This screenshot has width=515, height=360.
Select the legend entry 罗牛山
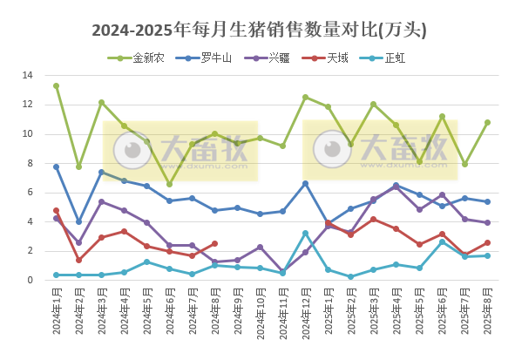click(210, 58)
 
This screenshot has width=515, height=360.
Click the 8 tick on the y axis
click(30, 164)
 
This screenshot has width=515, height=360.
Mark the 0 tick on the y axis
click(30, 281)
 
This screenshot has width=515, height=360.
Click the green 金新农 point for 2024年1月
click(56, 86)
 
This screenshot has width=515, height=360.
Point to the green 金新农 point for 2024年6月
click(169, 184)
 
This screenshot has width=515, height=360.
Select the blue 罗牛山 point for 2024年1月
click(56, 166)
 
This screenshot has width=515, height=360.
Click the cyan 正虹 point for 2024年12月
click(305, 233)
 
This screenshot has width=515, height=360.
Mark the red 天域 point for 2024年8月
click(214, 243)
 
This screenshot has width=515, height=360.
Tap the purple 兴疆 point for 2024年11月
click(282, 271)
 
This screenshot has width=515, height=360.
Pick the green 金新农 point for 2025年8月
click(487, 122)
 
